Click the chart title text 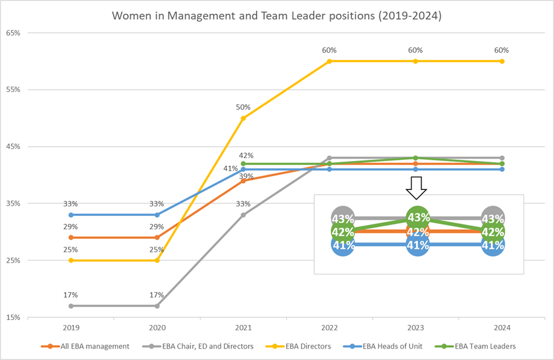pyautogui.click(x=277, y=16)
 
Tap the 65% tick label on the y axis pyautogui.click(x=13, y=33)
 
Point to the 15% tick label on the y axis pyautogui.click(x=13, y=317)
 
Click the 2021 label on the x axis pyautogui.click(x=243, y=327)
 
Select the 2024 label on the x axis pyautogui.click(x=501, y=327)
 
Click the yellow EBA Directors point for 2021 pyautogui.click(x=243, y=118)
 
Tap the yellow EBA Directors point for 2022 pyautogui.click(x=329, y=61)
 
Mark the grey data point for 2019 pyautogui.click(x=71, y=306)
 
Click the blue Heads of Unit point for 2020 pyautogui.click(x=157, y=215)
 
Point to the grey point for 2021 pyautogui.click(x=243, y=215)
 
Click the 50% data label pyautogui.click(x=243, y=107)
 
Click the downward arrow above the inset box pyautogui.click(x=416, y=188)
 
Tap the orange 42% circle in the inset pyautogui.click(x=417, y=232)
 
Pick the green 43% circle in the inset pyautogui.click(x=418, y=217)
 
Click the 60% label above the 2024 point pyautogui.click(x=501, y=50)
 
